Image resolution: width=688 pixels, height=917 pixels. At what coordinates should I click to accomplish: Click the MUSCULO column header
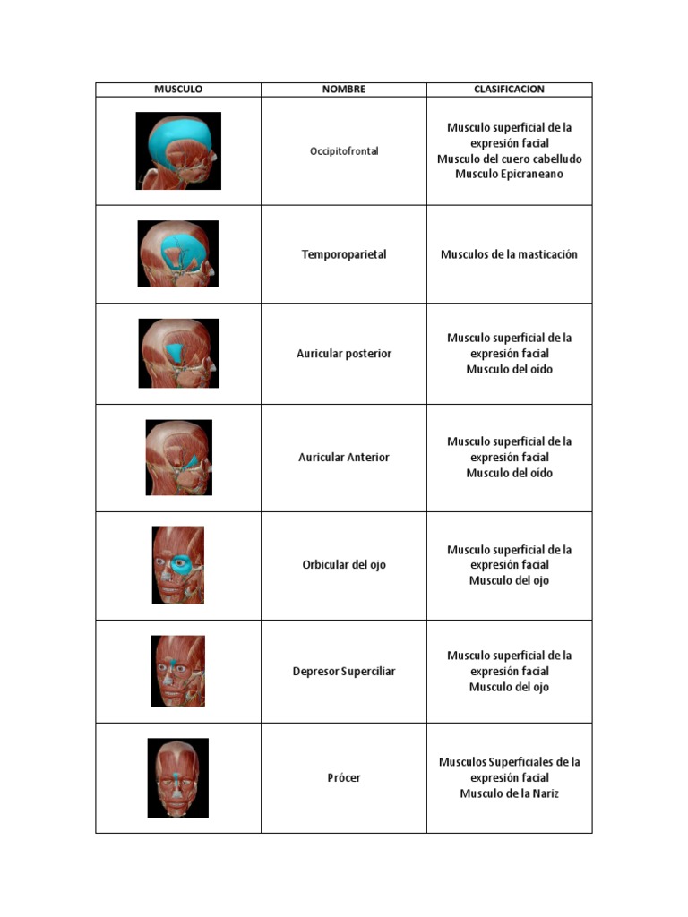click(178, 90)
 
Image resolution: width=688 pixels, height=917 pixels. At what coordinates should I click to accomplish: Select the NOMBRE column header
click(344, 90)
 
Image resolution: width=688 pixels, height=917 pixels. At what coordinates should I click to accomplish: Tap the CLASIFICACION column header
click(509, 90)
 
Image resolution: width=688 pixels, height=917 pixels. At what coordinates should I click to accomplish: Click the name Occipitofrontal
click(344, 151)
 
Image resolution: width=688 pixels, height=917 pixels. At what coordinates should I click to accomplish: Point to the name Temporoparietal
click(344, 254)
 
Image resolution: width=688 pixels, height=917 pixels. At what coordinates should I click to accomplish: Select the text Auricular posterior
click(344, 354)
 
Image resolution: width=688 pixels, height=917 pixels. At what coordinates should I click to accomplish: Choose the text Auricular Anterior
click(344, 457)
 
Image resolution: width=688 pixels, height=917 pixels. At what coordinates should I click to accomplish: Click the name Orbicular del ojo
click(344, 565)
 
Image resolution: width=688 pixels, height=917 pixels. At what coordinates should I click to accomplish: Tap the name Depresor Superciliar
click(344, 671)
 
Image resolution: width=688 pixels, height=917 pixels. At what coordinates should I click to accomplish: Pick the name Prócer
click(344, 777)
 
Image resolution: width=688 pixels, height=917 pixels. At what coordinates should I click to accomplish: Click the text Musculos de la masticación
click(509, 254)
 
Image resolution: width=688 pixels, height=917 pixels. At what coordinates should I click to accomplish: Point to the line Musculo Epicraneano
click(509, 174)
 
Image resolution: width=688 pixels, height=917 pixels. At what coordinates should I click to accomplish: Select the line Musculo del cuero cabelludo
click(509, 159)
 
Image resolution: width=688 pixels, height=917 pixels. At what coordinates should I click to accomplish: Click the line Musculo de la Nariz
click(509, 793)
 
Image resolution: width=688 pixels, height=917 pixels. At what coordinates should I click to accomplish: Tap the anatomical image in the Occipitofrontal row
click(178, 150)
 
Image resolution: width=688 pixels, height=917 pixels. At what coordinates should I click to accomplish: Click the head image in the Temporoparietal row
click(177, 253)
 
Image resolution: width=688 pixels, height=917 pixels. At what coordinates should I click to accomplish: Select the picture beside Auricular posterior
click(178, 353)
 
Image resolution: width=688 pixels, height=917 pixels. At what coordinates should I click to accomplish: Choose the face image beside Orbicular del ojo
click(177, 564)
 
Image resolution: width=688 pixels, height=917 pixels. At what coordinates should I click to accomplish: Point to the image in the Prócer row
click(177, 777)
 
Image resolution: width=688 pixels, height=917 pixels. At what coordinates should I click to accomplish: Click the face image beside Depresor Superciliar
click(177, 671)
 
